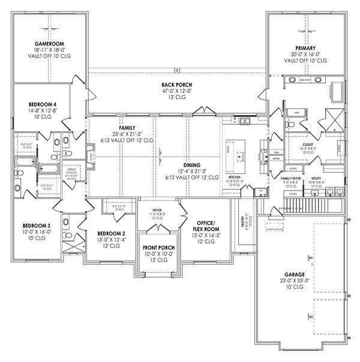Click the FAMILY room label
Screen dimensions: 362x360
pyautogui.click(x=127, y=128)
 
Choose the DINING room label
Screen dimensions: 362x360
pyautogui.click(x=192, y=164)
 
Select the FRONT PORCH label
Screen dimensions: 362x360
pyautogui.click(x=158, y=247)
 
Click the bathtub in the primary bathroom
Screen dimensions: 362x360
pyautogui.click(x=334, y=92)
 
